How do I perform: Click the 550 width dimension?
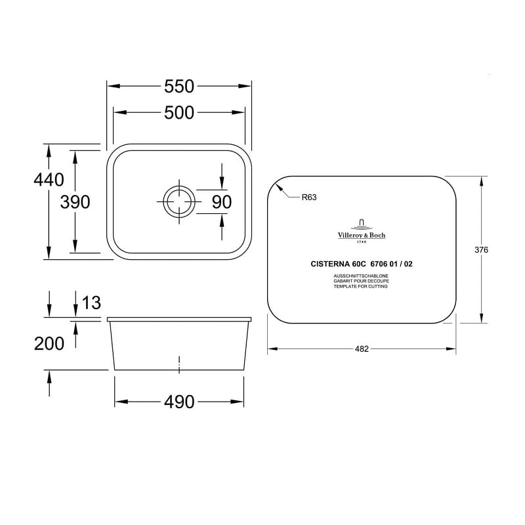[179, 87]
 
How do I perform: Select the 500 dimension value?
[179, 112]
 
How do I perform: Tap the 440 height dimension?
[49, 180]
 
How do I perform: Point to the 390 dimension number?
[75, 202]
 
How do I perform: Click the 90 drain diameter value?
[222, 202]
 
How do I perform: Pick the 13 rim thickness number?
[91, 303]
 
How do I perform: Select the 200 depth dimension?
[49, 344]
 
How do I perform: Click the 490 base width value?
[179, 402]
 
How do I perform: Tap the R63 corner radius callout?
[309, 198]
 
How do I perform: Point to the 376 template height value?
[481, 250]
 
